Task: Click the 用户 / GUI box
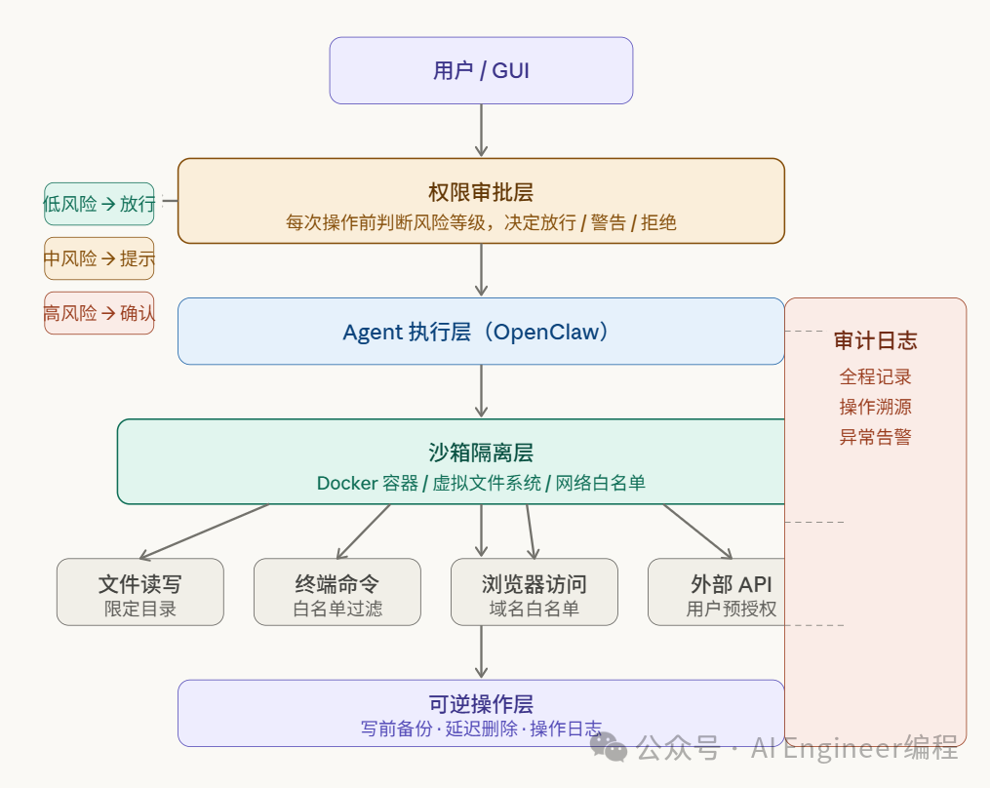(481, 70)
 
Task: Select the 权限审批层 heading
(481, 192)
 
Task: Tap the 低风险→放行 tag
(99, 204)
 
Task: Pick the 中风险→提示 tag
(99, 258)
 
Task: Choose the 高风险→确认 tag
(99, 313)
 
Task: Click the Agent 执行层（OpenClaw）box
(480, 332)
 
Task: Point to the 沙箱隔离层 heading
(481, 453)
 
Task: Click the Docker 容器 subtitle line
(481, 483)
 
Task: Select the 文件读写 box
(140, 592)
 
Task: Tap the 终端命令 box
(337, 592)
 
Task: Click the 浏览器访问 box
(535, 592)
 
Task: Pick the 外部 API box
(731, 592)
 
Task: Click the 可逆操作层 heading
(481, 704)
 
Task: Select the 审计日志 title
(875, 340)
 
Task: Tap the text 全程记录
(875, 376)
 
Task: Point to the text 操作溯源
(875, 407)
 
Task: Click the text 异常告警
(875, 437)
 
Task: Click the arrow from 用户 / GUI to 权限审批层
(481, 130)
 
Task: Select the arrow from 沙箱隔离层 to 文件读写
(203, 531)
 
